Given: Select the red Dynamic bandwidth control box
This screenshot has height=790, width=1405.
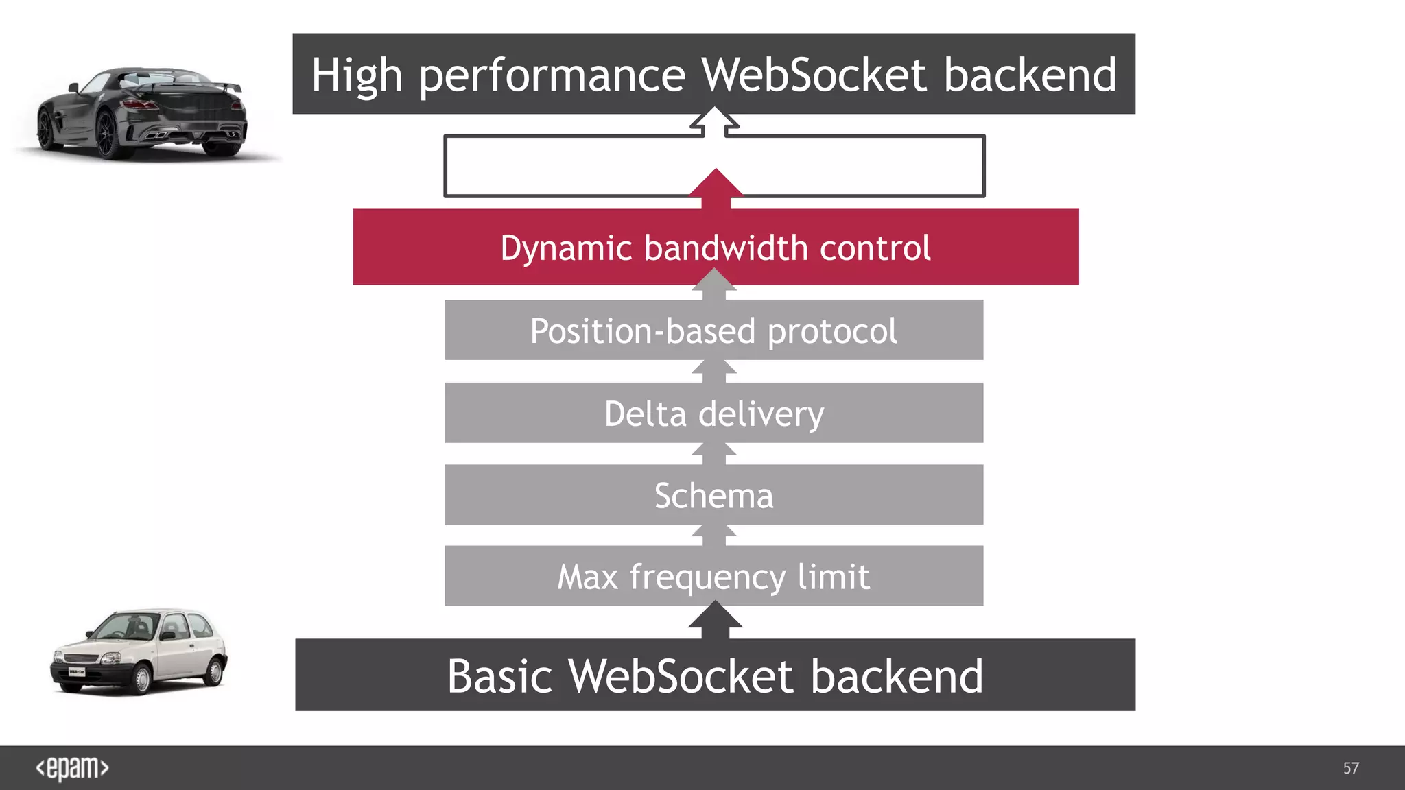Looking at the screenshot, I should [716, 247].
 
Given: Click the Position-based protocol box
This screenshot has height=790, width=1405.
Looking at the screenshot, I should [713, 331].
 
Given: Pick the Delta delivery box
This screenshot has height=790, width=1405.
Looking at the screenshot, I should [713, 414].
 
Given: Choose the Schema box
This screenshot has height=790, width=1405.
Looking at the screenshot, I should [713, 495].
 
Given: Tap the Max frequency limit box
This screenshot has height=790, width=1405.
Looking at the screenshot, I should [713, 576].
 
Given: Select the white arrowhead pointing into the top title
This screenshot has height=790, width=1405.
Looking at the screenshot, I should [715, 119].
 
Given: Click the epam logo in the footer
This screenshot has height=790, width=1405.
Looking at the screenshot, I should [72, 768].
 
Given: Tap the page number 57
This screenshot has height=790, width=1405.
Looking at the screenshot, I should [1351, 768].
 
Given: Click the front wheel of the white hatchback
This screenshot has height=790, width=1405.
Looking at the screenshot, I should [141, 679].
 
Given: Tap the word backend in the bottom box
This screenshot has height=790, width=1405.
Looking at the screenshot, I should [897, 676].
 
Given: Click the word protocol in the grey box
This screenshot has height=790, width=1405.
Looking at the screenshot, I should [831, 332].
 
